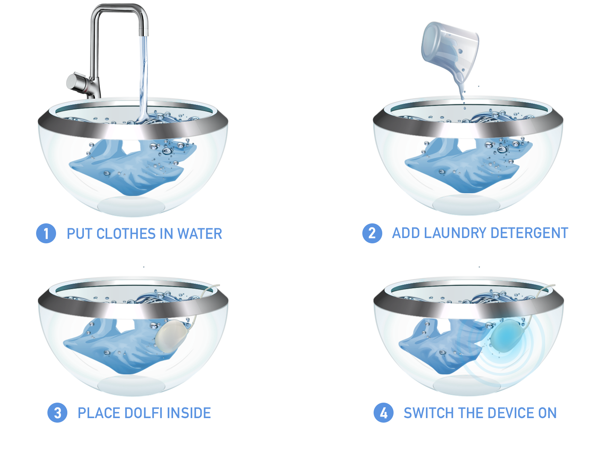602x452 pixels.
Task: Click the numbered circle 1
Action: (46, 233)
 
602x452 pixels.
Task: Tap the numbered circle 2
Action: (372, 233)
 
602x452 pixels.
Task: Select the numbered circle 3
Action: (57, 412)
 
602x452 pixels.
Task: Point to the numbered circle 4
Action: (383, 412)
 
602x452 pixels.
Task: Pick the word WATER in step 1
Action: (200, 234)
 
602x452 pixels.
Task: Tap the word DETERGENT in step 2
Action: (529, 233)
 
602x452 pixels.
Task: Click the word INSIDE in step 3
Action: (189, 413)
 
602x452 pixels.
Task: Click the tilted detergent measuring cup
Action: (450, 49)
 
